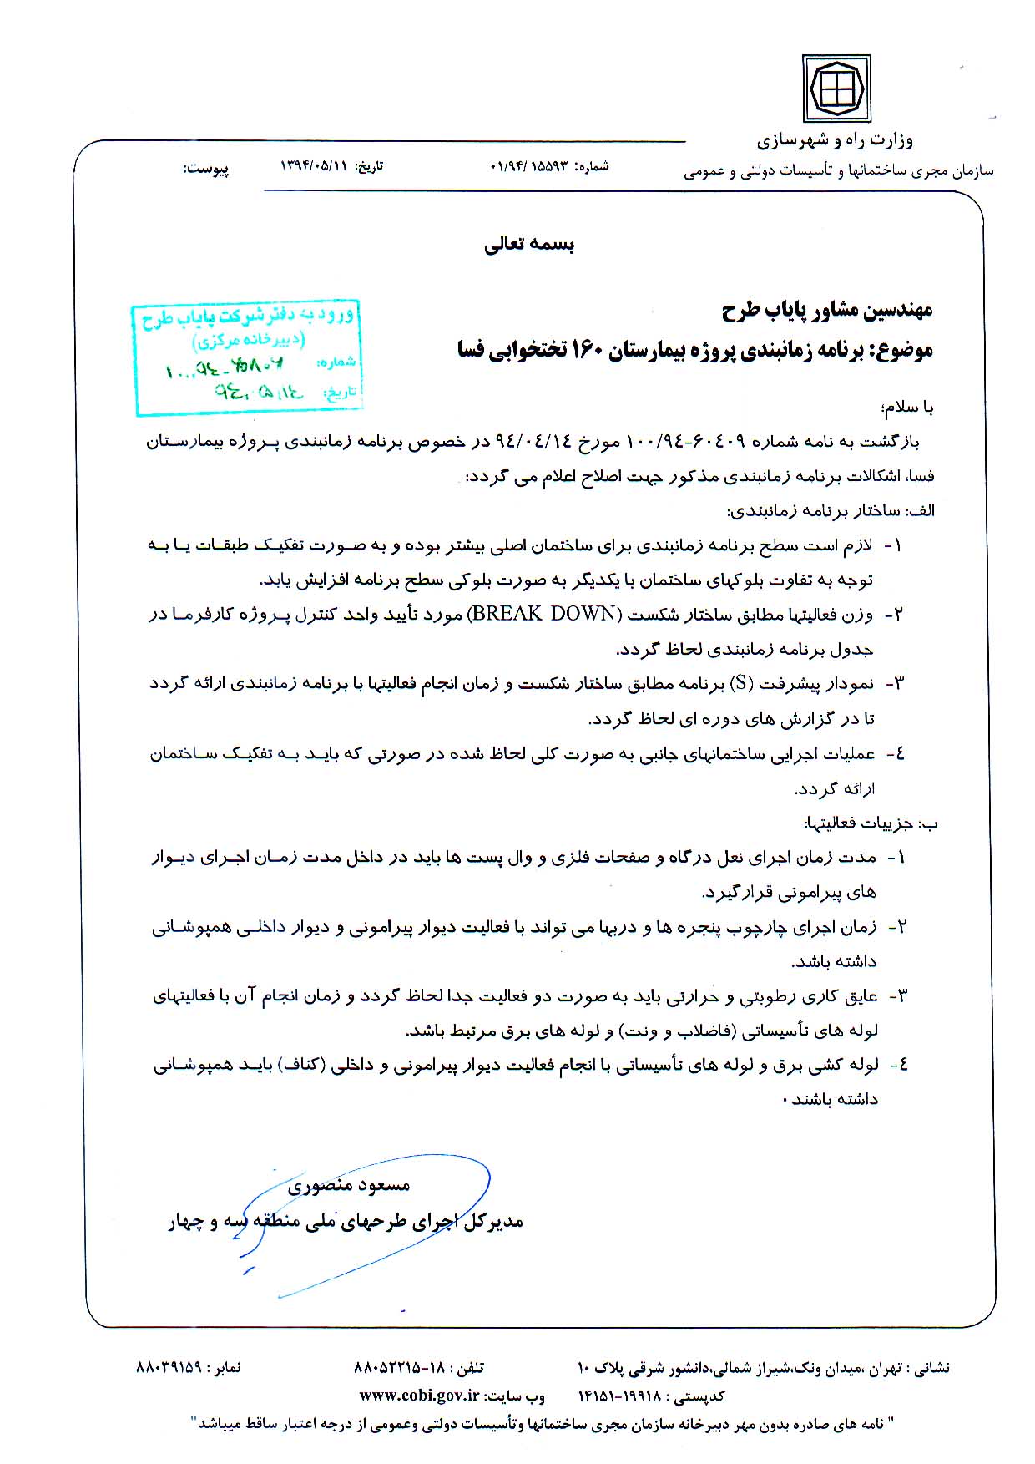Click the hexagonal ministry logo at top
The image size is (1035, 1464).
point(836,88)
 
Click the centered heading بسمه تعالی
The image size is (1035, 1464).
point(529,245)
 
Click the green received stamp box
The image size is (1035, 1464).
point(248,357)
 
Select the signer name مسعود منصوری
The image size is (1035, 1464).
point(349,1185)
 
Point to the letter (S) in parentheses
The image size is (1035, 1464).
point(741,683)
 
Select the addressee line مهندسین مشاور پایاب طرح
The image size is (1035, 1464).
point(826,311)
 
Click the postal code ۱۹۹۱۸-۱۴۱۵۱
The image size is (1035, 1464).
point(618,1396)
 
